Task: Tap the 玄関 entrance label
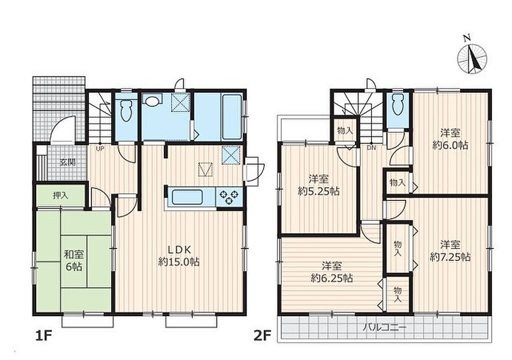[x=67, y=162]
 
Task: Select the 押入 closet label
[x=60, y=195]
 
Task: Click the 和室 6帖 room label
[x=74, y=260]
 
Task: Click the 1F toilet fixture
[x=126, y=110]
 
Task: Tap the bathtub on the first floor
[x=232, y=117]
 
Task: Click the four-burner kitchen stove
[x=229, y=196]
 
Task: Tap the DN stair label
[x=371, y=147]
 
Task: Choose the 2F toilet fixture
[x=397, y=104]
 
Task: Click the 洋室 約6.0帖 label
[x=450, y=139]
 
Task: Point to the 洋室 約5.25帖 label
[x=318, y=185]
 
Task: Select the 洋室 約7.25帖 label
[x=450, y=250]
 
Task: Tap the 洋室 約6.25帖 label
[x=331, y=272]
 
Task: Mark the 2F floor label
[x=262, y=336]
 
